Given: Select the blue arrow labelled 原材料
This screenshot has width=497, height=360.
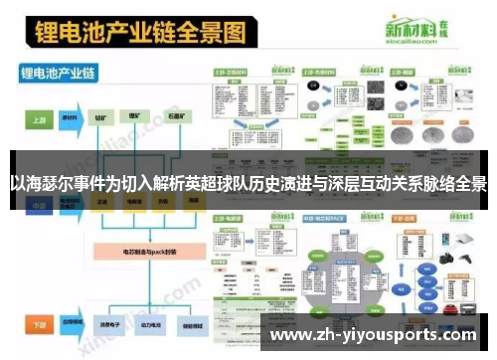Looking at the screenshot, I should (x=72, y=117).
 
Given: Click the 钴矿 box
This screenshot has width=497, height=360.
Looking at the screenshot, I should (x=102, y=117).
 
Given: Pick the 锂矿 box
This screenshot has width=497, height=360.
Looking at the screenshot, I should (x=133, y=117).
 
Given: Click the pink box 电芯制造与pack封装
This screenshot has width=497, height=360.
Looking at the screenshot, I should (x=134, y=253).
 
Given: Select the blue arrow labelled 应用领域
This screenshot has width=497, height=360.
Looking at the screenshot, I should (x=72, y=324).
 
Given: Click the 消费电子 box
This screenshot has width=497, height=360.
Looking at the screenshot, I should (x=102, y=324).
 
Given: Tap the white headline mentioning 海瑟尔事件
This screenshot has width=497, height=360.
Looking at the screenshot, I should (x=248, y=183).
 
